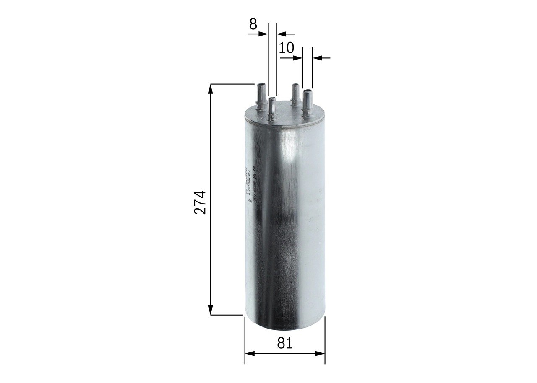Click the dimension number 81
click(x=284, y=343)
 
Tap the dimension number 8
click(x=253, y=24)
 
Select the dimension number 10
click(x=286, y=48)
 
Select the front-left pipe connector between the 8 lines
click(x=272, y=109)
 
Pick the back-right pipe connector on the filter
click(x=295, y=94)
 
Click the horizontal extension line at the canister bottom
click(x=227, y=315)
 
